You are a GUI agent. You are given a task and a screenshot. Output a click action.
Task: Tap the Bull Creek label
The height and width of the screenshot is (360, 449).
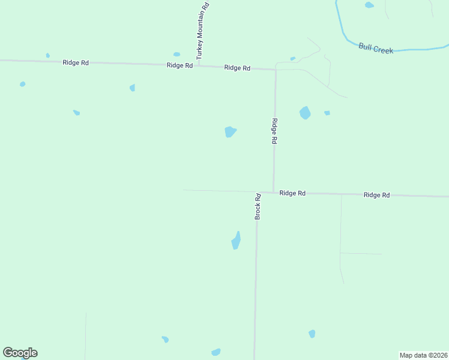tap(376, 48)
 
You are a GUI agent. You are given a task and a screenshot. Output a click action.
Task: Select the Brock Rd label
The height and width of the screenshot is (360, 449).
tap(258, 206)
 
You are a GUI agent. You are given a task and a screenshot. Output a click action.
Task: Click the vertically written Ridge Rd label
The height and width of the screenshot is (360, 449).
tap(274, 131)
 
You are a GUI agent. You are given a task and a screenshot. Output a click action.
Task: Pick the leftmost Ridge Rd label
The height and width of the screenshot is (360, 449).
tap(76, 62)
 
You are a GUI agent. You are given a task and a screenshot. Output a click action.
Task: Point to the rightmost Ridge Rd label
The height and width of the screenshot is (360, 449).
tap(376, 195)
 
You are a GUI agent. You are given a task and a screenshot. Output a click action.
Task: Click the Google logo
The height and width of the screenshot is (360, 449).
tap(20, 353)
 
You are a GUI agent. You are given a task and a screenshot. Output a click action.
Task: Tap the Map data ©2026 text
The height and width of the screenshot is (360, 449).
tap(423, 355)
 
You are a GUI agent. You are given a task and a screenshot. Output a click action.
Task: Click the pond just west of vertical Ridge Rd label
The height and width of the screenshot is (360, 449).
tap(230, 131)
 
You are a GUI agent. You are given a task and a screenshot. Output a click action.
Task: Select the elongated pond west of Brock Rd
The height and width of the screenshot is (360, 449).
tap(237, 241)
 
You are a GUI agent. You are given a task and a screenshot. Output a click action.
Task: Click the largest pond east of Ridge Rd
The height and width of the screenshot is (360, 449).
tap(305, 113)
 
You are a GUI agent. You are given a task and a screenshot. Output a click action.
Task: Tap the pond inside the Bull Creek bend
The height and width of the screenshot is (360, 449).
tap(369, 5)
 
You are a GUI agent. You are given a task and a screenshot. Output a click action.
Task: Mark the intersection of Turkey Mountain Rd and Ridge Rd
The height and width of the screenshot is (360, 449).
tap(199, 65)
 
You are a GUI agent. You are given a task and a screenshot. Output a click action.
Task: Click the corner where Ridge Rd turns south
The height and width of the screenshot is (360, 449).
tap(276, 70)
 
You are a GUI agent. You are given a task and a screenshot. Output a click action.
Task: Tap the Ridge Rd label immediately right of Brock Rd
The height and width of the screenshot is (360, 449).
tap(292, 193)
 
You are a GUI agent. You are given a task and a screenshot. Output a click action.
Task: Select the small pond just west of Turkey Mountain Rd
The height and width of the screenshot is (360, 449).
tap(176, 55)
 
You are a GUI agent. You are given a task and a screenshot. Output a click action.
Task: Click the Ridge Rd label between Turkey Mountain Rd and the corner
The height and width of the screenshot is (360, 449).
tap(237, 68)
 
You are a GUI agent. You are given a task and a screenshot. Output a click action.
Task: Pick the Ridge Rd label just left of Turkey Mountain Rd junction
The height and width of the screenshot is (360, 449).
tap(179, 65)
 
